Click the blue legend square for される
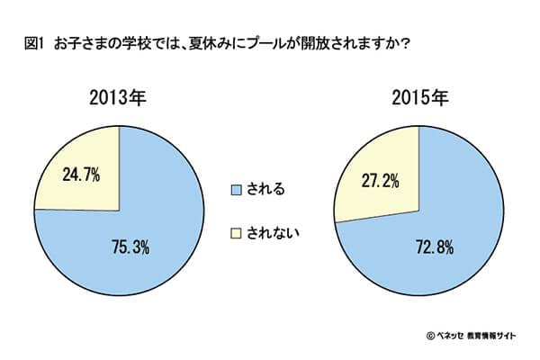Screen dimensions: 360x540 [x=238, y=189]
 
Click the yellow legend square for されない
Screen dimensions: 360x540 [x=238, y=232]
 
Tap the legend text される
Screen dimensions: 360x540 [x=268, y=189]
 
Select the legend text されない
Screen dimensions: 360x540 [x=274, y=232]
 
